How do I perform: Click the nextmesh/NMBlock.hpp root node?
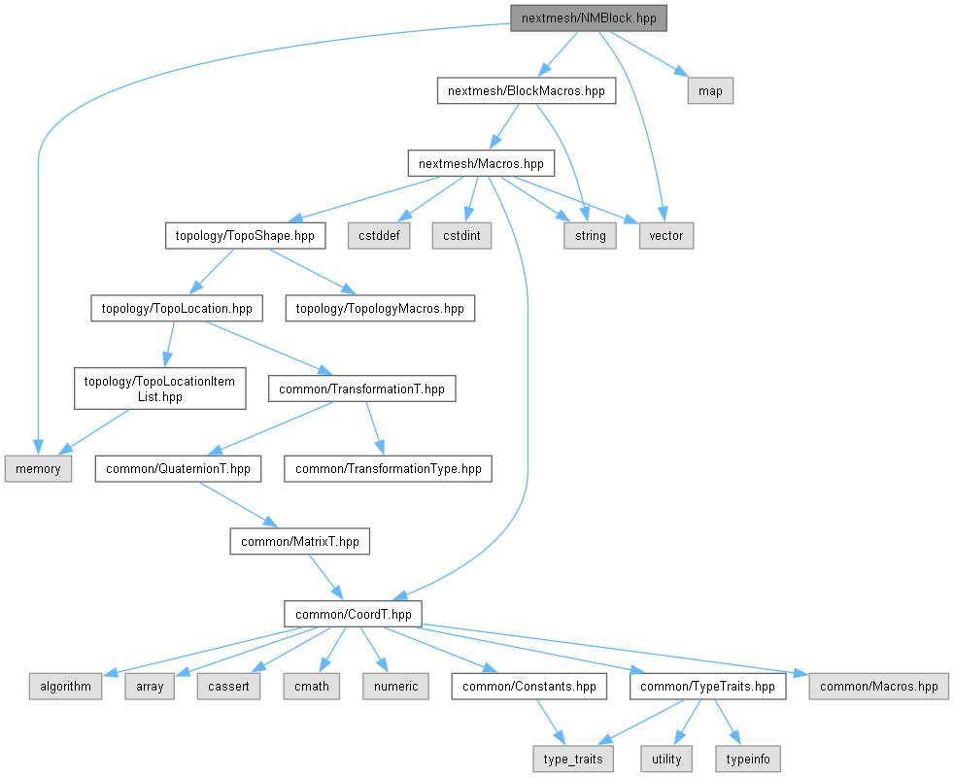click(x=590, y=18)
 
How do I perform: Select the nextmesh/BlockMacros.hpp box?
click(x=526, y=91)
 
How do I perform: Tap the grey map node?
click(x=710, y=91)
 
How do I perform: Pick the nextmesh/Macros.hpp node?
click(x=481, y=163)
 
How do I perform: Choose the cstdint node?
click(x=462, y=235)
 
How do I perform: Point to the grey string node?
click(x=590, y=235)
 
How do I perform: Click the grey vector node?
click(x=666, y=235)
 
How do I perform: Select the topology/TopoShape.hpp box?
click(x=245, y=235)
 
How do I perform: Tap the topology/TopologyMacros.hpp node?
click(x=380, y=309)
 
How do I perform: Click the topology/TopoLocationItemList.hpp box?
click(x=159, y=388)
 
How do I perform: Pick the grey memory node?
click(x=38, y=468)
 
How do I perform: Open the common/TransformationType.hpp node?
click(x=389, y=468)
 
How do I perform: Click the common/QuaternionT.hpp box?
click(x=178, y=468)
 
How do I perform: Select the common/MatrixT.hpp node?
click(x=300, y=541)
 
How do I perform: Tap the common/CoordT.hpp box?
click(x=354, y=614)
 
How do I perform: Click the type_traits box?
click(x=573, y=758)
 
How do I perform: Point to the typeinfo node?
click(x=747, y=758)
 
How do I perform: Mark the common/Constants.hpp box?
click(x=529, y=686)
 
